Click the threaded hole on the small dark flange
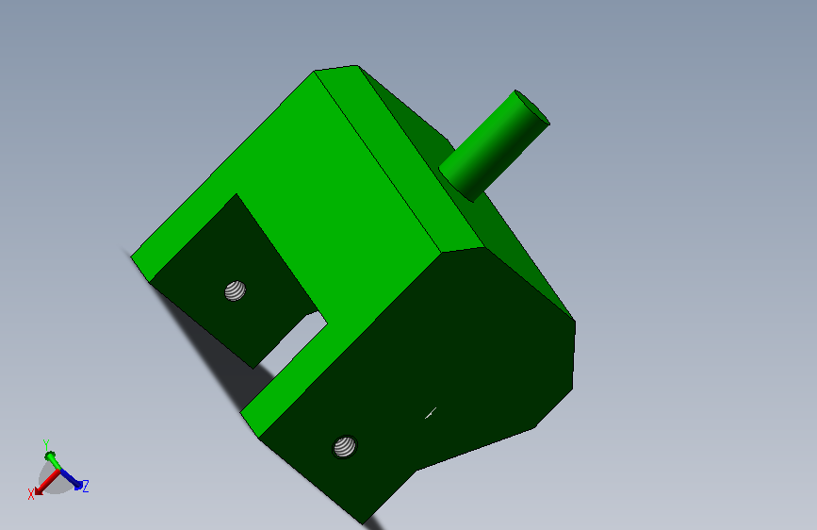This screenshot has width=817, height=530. click(x=235, y=291)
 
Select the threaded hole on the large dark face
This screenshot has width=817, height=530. click(x=344, y=446)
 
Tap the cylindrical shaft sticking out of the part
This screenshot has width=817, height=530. click(x=494, y=146)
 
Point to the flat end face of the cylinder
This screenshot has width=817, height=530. click(x=532, y=108)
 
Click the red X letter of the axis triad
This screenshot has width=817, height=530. click(x=31, y=493)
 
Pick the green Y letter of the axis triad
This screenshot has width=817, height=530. click(x=46, y=444)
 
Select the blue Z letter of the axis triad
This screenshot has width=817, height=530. click(x=86, y=487)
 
